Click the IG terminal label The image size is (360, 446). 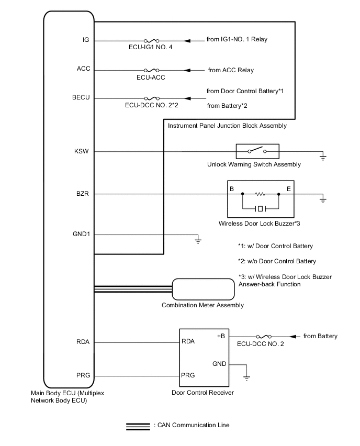[86, 40]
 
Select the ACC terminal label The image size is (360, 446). [84, 69]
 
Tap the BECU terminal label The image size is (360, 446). [82, 98]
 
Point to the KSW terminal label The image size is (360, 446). [83, 151]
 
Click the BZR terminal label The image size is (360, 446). [83, 194]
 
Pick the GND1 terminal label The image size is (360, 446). [82, 234]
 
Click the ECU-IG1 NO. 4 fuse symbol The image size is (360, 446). [151, 40]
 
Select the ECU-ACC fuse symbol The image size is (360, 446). [151, 70]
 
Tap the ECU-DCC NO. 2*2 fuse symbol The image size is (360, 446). [151, 98]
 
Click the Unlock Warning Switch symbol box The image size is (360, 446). [257, 152]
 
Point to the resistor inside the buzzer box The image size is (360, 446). [260, 194]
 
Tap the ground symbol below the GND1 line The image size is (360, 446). [198, 241]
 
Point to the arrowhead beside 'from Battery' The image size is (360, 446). [293, 336]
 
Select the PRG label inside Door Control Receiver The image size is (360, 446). [188, 375]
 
